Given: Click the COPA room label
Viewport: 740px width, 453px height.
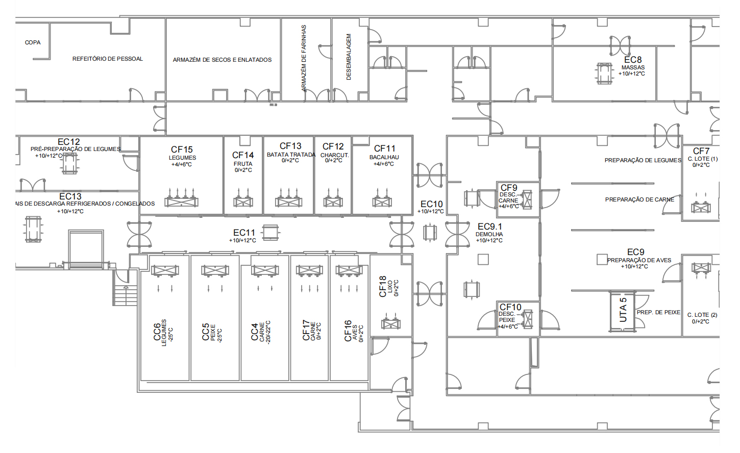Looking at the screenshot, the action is coord(33,42).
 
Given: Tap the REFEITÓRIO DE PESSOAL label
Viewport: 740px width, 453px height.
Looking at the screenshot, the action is coord(108,59).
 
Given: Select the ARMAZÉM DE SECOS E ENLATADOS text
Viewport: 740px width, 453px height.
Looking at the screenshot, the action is coord(223,60).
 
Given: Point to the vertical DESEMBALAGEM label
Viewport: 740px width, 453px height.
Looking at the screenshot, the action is coord(349,57).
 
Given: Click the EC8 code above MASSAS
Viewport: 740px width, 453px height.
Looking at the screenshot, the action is coord(633,60).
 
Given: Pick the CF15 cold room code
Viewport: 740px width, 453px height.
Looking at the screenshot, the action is coord(182,149).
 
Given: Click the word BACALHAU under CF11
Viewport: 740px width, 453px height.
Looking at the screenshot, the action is coord(384,157).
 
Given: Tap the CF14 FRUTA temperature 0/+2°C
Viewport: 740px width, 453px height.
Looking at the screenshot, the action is coord(243,170).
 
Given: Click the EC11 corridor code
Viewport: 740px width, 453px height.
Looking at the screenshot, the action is coord(244,233).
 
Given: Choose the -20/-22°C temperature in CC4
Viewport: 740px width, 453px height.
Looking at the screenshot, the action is coord(268,332).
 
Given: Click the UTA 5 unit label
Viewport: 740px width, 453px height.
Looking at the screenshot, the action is coord(623,310).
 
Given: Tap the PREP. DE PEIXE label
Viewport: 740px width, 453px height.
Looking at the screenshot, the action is coord(658,312).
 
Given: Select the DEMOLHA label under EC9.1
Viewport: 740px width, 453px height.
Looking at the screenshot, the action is coord(489,234).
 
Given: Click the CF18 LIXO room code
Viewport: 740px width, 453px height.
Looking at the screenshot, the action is coord(383,286).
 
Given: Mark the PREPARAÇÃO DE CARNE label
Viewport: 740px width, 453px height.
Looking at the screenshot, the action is coord(639,199).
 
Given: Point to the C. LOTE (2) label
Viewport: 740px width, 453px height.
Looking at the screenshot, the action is coord(702,315).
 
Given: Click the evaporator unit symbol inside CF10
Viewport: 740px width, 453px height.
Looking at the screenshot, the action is coord(528,319).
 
